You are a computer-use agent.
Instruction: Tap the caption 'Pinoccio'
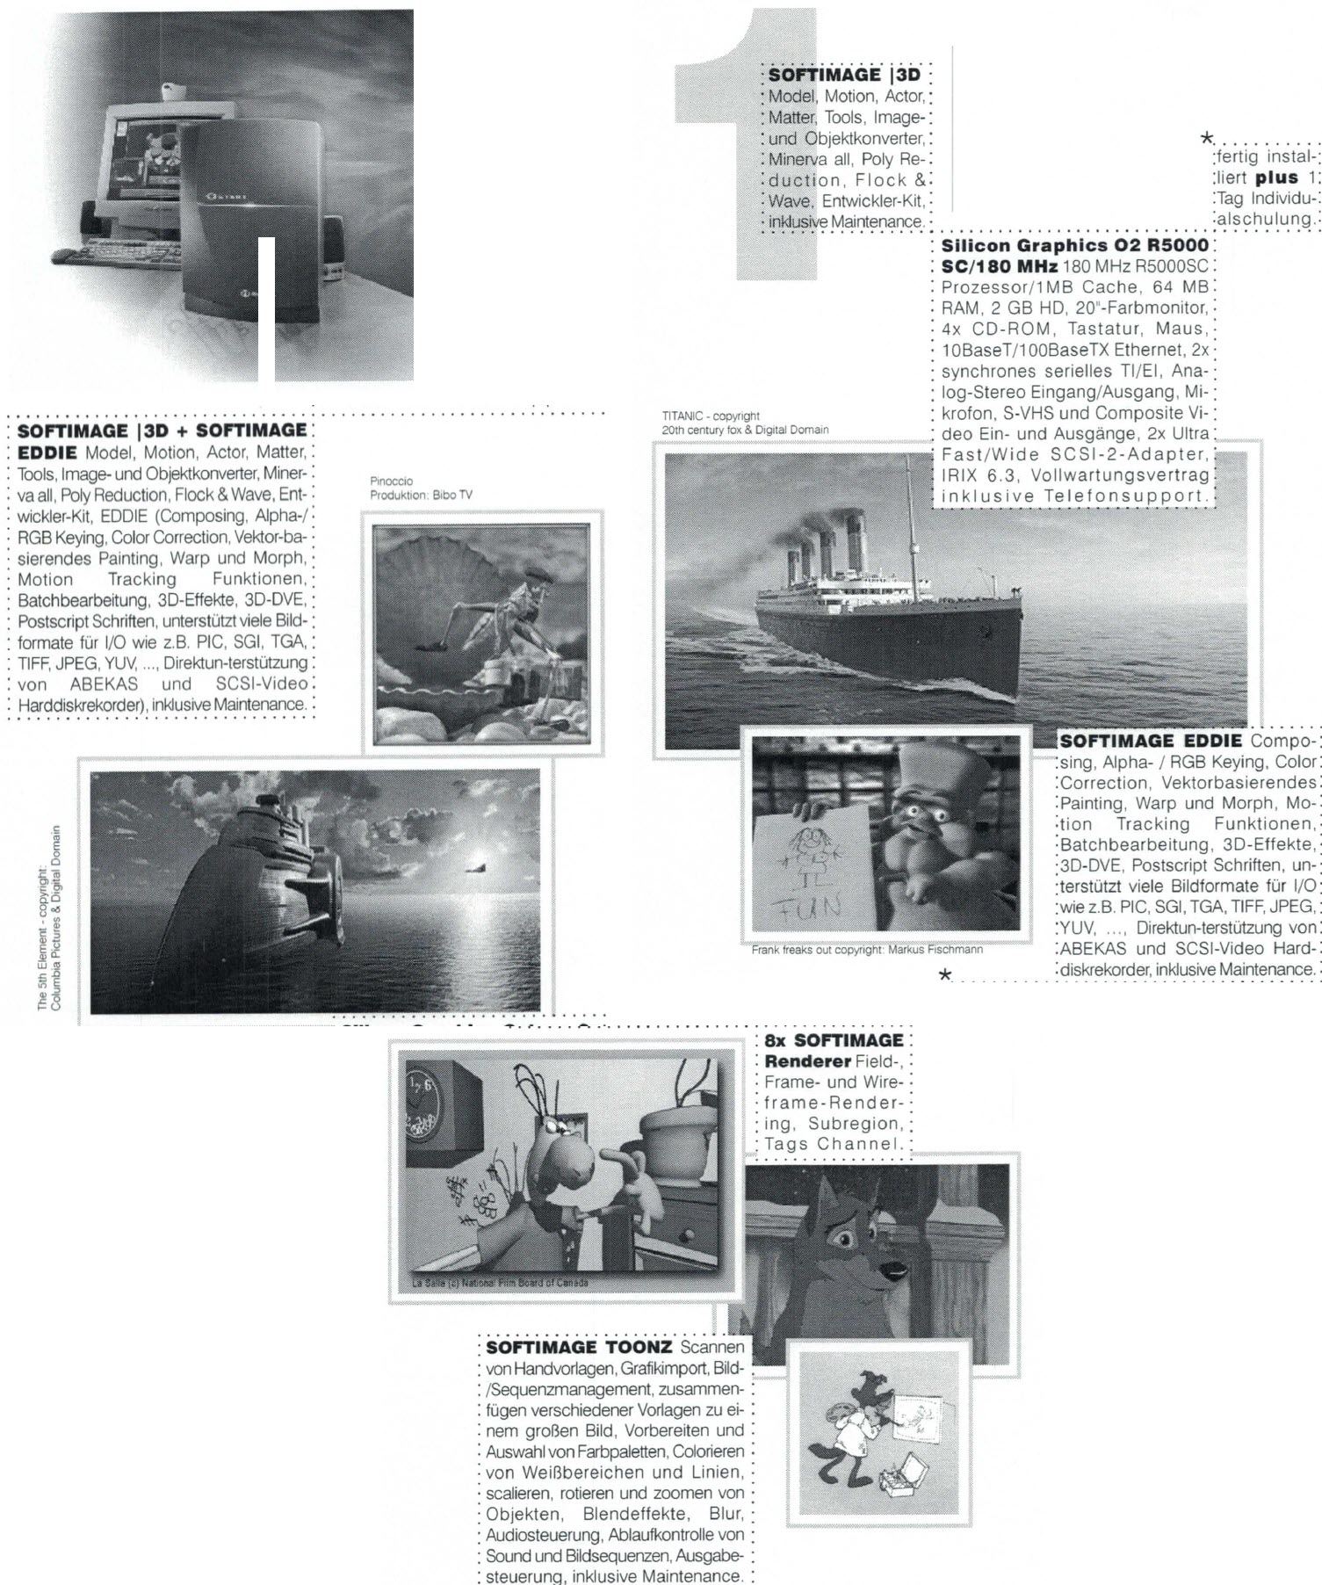tap(391, 481)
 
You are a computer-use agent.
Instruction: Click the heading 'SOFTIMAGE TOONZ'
tap(579, 1347)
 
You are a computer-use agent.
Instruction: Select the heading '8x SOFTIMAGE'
tap(834, 1040)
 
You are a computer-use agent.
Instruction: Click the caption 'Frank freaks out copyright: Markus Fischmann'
tap(866, 950)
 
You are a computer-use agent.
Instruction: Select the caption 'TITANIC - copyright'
tap(711, 416)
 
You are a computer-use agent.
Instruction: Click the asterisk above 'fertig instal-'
tap(1208, 139)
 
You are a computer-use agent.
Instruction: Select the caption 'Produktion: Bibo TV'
tap(421, 495)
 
